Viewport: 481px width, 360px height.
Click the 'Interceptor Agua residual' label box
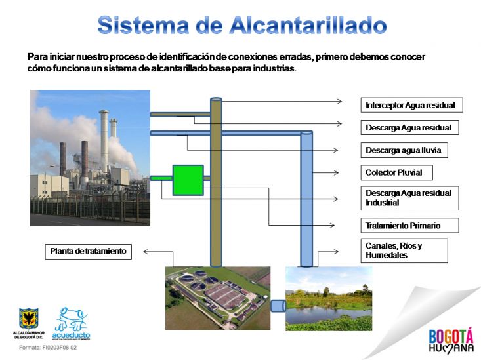tap(411, 105)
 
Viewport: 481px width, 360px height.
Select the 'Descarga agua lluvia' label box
tap(404, 150)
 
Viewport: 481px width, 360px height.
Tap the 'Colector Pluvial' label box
tap(396, 172)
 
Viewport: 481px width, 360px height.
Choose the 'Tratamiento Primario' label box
tap(409, 226)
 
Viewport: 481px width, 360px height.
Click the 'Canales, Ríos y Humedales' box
tap(404, 250)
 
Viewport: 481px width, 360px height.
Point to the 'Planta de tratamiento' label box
tap(89, 251)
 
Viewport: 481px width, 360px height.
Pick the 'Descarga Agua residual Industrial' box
tap(409, 198)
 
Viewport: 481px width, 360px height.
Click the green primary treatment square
tap(188, 180)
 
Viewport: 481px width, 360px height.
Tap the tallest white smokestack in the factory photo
tap(104, 141)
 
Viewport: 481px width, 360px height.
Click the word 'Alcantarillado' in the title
tap(308, 25)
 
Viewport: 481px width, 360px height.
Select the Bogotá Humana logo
tap(451, 340)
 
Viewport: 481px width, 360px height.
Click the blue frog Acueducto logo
tap(71, 324)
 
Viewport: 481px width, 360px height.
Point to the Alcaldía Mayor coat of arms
tap(29, 319)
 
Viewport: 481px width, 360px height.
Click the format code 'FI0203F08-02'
tap(60, 348)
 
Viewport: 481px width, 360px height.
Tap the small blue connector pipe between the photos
tap(278, 306)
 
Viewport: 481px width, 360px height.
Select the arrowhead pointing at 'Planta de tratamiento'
tap(146, 252)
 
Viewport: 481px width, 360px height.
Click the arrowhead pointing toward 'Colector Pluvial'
tap(336, 173)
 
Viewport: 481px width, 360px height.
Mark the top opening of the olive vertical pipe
tap(216, 100)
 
